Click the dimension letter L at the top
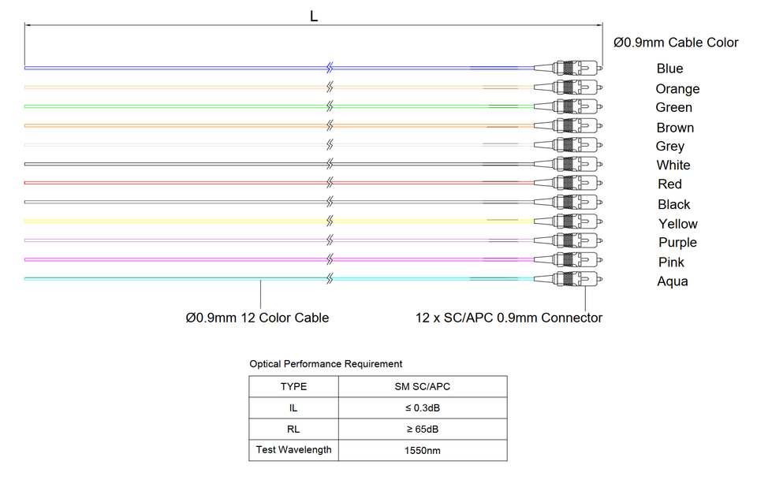pyautogui.click(x=314, y=17)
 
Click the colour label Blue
pyautogui.click(x=669, y=69)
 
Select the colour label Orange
pyautogui.click(x=677, y=89)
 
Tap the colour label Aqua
pyautogui.click(x=673, y=281)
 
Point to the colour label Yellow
pyautogui.click(x=678, y=224)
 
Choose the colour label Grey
pyautogui.click(x=670, y=147)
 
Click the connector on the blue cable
pyautogui.click(x=568, y=68)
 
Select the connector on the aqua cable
pyautogui.click(x=568, y=278)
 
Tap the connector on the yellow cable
pyautogui.click(x=568, y=221)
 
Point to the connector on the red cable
pyautogui.click(x=568, y=183)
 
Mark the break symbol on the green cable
pyautogui.click(x=330, y=106)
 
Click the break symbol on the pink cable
pyautogui.click(x=330, y=259)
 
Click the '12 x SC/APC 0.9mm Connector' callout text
pyautogui.click(x=509, y=318)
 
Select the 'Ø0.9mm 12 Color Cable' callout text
pyautogui.click(x=257, y=318)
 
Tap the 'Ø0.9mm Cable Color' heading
pyautogui.click(x=676, y=43)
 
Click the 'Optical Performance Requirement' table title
pyautogui.click(x=326, y=363)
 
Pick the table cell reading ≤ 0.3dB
pyautogui.click(x=423, y=408)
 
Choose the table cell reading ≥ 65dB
pyautogui.click(x=423, y=430)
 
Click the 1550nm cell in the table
pyautogui.click(x=423, y=451)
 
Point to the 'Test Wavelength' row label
pyautogui.click(x=293, y=450)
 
